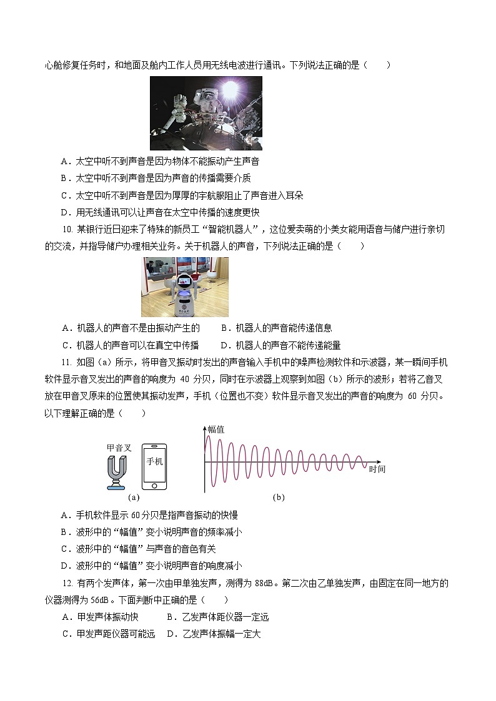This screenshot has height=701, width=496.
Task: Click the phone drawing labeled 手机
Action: (x=154, y=467)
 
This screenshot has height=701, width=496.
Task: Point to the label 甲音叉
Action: (x=119, y=448)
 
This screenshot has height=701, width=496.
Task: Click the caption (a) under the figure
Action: (x=132, y=498)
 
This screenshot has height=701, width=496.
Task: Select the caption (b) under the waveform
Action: (x=279, y=498)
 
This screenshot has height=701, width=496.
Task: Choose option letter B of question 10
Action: (x=224, y=328)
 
